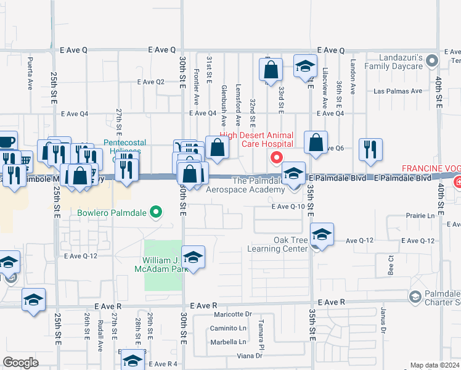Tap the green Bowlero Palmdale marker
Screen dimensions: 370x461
(156, 213)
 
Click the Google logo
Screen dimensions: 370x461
(20, 362)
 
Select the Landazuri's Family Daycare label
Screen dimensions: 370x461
(394, 62)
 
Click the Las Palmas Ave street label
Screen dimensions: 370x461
(398, 91)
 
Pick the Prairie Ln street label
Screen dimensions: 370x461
(420, 216)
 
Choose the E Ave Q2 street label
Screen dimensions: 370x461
(151, 81)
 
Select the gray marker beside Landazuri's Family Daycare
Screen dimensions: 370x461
(432, 60)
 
